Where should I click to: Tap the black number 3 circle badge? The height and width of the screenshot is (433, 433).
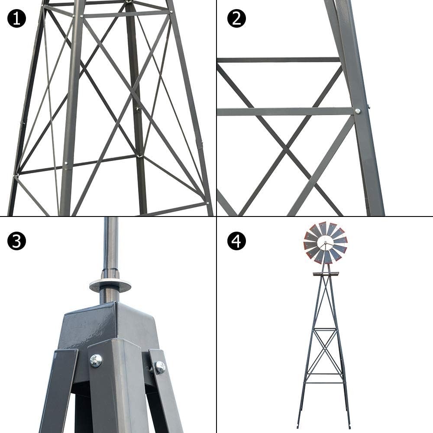click(16, 241)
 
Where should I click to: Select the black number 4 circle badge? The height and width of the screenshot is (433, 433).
click(236, 241)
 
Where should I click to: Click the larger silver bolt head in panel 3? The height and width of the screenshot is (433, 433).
click(96, 360)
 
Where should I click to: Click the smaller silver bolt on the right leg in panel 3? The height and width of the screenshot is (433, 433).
click(160, 368)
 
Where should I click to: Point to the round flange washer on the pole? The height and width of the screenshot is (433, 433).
click(110, 285)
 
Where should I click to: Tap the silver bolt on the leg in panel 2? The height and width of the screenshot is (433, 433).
click(358, 111)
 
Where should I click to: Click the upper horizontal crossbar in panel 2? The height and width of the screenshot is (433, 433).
click(277, 60)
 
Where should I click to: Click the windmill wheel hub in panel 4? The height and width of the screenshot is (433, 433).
click(325, 243)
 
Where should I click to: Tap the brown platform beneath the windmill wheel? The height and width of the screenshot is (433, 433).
click(325, 274)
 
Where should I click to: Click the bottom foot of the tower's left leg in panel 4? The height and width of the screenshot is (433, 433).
click(298, 425)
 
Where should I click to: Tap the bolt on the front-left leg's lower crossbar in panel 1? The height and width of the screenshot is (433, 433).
click(66, 164)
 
